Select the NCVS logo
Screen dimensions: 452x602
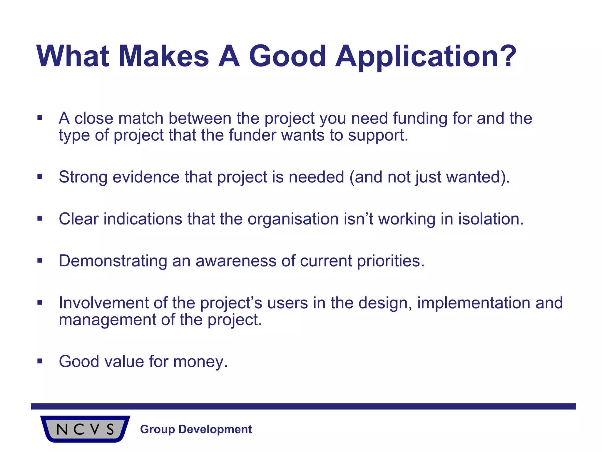point(85,429)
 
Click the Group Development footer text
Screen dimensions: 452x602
point(196,429)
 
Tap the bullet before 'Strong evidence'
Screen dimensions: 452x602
point(40,177)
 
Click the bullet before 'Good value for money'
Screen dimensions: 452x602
point(40,361)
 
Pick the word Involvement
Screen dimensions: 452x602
point(103,303)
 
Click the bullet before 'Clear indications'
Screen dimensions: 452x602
point(40,218)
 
